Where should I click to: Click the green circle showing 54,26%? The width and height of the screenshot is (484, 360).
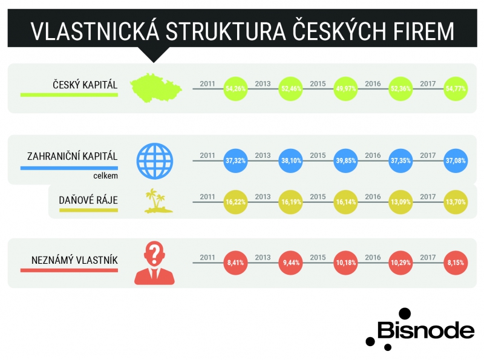click(x=235, y=88)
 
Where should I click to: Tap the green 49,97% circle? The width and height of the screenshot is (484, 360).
click(x=345, y=88)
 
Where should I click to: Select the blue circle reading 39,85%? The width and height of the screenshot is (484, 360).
click(x=345, y=160)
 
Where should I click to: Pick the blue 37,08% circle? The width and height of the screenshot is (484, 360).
click(x=456, y=160)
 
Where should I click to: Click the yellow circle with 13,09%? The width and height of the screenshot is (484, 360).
click(x=401, y=202)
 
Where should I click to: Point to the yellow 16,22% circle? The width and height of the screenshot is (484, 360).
click(x=235, y=202)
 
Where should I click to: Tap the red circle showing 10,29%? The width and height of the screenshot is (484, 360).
click(x=401, y=263)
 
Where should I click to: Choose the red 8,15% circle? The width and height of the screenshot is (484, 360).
click(x=456, y=263)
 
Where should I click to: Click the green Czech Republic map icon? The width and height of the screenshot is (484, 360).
click(x=156, y=88)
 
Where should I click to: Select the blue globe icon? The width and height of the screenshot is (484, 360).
click(x=155, y=161)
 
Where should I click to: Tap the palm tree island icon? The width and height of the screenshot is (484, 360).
click(x=159, y=201)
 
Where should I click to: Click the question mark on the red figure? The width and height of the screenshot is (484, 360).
click(x=155, y=252)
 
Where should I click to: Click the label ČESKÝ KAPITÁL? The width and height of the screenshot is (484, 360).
click(x=85, y=84)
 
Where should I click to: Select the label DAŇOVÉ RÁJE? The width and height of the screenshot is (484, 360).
click(x=88, y=200)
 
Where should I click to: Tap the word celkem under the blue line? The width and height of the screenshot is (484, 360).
click(x=105, y=175)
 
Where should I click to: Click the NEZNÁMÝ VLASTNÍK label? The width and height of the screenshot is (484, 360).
click(x=74, y=260)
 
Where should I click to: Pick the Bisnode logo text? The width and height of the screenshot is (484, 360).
click(x=426, y=330)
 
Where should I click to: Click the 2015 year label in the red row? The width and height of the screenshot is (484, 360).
click(x=318, y=258)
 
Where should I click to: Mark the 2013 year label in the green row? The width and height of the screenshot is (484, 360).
click(x=263, y=83)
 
